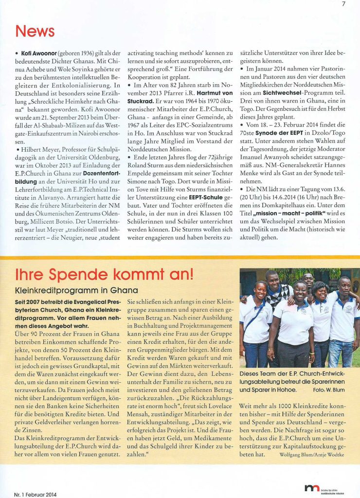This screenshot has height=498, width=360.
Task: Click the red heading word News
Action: (35, 32)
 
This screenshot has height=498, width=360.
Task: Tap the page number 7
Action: (343, 5)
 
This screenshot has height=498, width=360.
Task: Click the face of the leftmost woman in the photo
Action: (261, 290)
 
